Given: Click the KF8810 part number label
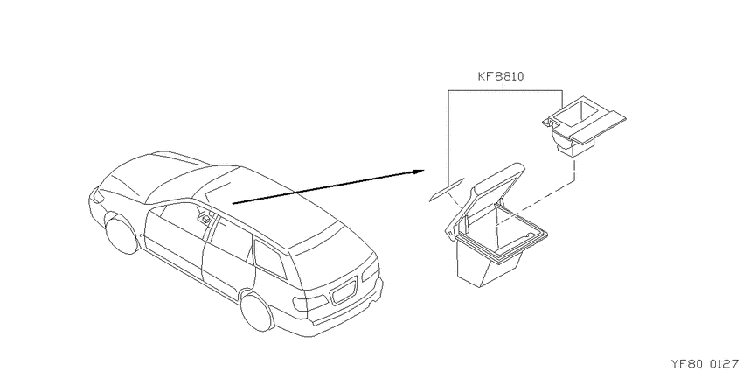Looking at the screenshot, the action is [x=500, y=76].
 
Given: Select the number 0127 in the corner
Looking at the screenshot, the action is [x=724, y=364].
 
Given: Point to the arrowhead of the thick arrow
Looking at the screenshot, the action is [x=419, y=172].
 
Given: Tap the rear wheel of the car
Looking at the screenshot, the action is [x=257, y=311].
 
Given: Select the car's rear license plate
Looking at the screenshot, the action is [x=343, y=291].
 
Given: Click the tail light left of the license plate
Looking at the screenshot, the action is [x=309, y=303].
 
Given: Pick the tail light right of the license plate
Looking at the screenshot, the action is [x=371, y=269].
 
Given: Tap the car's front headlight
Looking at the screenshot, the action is [x=98, y=196].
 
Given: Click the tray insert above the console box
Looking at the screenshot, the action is [x=583, y=126].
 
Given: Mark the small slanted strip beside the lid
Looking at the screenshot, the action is [x=447, y=190].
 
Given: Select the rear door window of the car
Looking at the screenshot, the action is [x=231, y=240].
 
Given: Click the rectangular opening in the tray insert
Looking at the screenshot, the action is [x=576, y=115].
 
